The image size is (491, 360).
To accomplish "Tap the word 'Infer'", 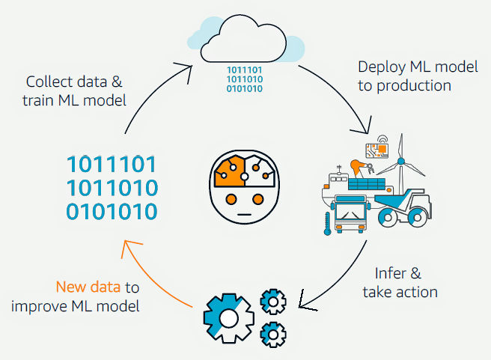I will [391, 273].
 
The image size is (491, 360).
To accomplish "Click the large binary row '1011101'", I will [112, 165].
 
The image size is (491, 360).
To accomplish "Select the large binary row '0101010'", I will [112, 213].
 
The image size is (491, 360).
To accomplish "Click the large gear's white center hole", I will [229, 318].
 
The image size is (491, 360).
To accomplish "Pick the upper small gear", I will [272, 301].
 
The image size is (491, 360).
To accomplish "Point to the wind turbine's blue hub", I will [401, 160].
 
